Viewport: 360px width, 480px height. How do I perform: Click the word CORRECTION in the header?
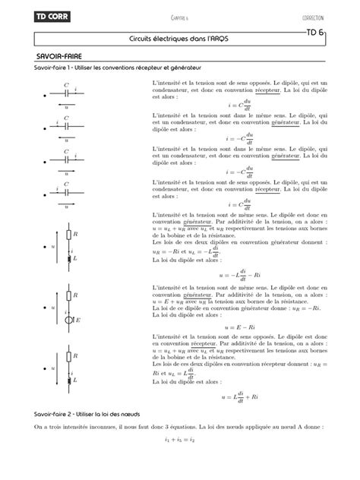pyautogui.click(x=314, y=17)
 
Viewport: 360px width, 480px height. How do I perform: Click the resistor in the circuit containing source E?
pyautogui.click(x=70, y=295)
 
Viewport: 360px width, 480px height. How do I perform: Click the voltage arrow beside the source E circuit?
pyautogui.click(x=55, y=308)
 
